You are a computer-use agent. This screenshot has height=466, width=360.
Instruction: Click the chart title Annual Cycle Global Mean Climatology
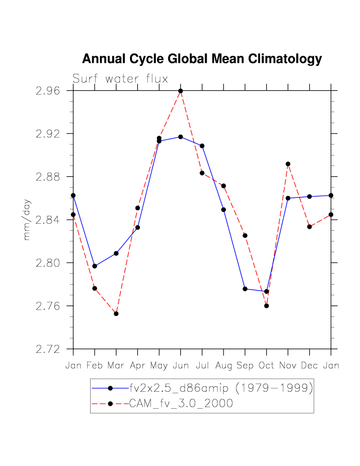point(202,59)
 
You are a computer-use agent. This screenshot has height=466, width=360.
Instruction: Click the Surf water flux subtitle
point(120,79)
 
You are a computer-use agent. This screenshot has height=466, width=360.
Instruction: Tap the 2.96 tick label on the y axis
point(48,91)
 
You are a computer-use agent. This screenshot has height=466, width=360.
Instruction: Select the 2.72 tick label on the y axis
point(48,349)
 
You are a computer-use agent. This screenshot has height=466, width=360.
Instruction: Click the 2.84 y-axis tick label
point(48,220)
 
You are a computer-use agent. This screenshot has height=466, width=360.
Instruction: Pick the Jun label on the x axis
point(181,366)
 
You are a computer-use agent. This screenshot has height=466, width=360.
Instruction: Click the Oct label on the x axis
point(266,366)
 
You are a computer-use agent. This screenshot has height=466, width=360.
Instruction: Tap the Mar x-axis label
point(116,366)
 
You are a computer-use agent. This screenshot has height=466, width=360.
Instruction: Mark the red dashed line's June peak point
point(181,91)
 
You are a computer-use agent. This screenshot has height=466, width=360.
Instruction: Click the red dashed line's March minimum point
point(116,313)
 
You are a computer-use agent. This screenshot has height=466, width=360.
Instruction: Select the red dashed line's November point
point(288,164)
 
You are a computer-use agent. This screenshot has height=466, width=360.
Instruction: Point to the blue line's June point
point(181,137)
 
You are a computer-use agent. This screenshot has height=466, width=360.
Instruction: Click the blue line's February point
point(95,266)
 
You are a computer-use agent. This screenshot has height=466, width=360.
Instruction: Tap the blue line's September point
point(245,289)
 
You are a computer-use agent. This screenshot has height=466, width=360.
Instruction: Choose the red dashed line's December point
point(309,227)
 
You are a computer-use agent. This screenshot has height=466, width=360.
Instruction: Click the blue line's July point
point(202,146)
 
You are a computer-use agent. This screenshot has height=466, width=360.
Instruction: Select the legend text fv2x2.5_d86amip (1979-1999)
point(221,388)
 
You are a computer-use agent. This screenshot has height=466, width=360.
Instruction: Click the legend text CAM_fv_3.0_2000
point(181,403)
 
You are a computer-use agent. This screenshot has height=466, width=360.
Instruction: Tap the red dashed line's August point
point(224,186)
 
